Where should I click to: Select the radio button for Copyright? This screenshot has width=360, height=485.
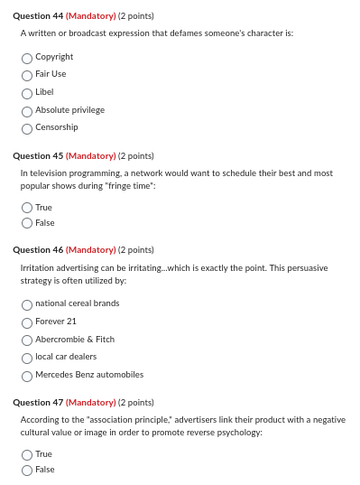[x=28, y=57]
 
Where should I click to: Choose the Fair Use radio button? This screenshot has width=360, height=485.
[x=28, y=75]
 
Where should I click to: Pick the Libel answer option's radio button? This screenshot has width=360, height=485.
[x=28, y=93]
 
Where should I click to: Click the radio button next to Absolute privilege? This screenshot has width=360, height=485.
[x=28, y=110]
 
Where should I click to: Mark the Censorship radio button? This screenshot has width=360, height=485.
[x=28, y=128]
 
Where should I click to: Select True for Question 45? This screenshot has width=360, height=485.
[x=28, y=208]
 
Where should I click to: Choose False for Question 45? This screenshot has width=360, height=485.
[x=28, y=222]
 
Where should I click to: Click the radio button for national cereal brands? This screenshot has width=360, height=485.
[x=28, y=304]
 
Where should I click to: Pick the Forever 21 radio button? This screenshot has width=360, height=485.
[x=28, y=322]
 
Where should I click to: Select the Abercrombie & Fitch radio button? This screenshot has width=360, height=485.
[x=28, y=340]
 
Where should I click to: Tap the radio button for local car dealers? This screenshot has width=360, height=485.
[x=28, y=358]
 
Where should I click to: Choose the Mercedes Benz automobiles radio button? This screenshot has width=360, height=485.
[x=28, y=375]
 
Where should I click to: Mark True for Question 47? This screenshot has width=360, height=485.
[x=28, y=455]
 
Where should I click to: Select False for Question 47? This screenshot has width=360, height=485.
[x=28, y=470]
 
